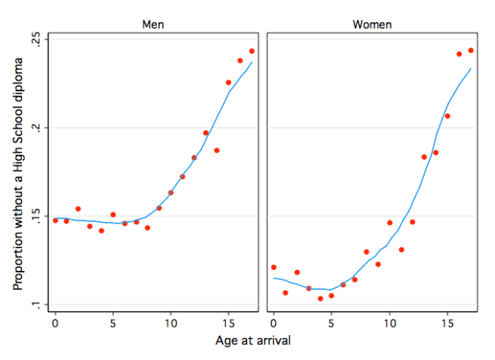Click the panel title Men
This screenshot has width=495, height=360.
pos(153,25)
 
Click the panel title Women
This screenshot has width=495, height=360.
pos(372,25)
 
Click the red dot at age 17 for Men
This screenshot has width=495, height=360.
pos(252,51)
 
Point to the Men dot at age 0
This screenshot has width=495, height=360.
pos(55,220)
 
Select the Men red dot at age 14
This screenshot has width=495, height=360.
pos(217,150)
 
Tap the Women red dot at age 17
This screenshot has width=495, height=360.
pos(471,51)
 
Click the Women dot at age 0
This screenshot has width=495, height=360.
pos(274,267)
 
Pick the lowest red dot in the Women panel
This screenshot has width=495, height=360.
pos(320,299)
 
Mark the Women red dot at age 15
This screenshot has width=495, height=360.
pos(447,116)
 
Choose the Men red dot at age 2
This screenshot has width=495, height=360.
pos(78,208)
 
